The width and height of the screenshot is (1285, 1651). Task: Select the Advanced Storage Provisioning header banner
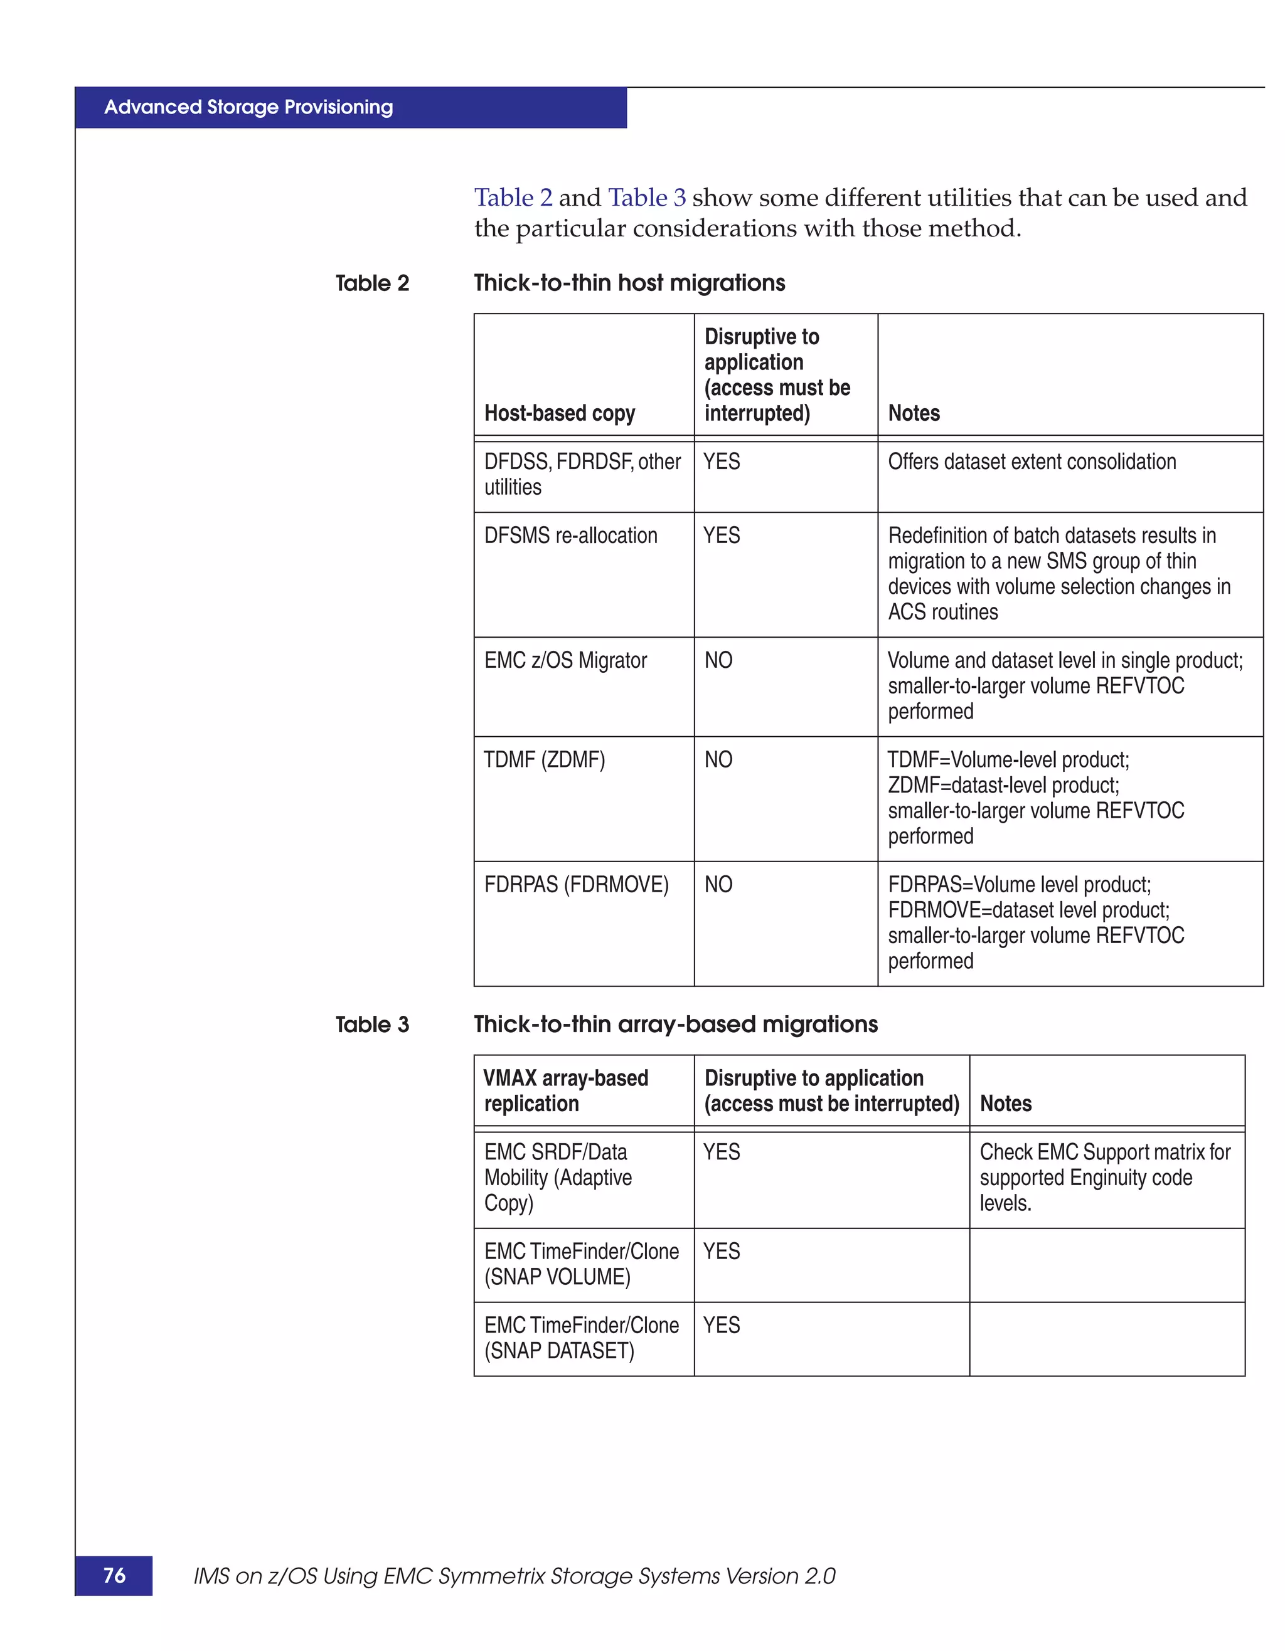coord(350,107)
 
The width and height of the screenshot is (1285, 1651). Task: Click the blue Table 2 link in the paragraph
coord(513,198)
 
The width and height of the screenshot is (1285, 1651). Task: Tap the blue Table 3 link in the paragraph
coord(647,198)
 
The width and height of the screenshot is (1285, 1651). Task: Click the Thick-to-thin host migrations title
coord(629,283)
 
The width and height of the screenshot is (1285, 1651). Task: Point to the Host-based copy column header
coord(560,413)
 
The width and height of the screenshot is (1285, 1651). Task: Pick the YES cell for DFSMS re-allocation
coord(722,535)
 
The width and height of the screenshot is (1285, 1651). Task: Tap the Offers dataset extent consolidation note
coord(1032,462)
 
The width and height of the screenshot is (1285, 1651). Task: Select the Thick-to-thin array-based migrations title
coord(675,1025)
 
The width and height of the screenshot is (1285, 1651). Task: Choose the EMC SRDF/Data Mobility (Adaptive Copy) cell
coord(558,1177)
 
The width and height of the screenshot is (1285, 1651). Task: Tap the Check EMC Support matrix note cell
coord(1104,1177)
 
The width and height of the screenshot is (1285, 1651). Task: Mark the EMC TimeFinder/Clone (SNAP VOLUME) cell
coord(581,1264)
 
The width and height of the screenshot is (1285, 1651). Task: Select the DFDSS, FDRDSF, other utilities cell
coord(582,474)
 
